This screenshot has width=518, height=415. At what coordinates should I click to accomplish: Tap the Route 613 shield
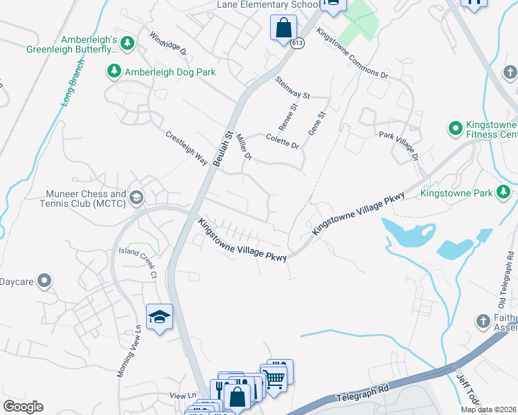click(x=296, y=43)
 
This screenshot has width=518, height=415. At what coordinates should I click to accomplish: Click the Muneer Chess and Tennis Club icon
click(x=136, y=199)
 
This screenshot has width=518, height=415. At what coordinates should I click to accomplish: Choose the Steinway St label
click(x=292, y=89)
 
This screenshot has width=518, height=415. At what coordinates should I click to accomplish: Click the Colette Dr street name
click(x=282, y=142)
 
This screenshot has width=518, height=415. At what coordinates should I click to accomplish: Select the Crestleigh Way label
click(x=187, y=147)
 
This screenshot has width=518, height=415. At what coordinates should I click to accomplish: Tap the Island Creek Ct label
click(x=139, y=261)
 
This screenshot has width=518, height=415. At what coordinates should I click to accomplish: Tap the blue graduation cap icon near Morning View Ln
click(x=160, y=317)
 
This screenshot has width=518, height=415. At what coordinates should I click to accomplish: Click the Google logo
click(x=23, y=407)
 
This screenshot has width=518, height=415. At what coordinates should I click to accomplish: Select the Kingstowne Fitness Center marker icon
click(x=455, y=128)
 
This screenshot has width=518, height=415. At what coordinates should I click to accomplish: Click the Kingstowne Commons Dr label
click(x=351, y=53)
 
